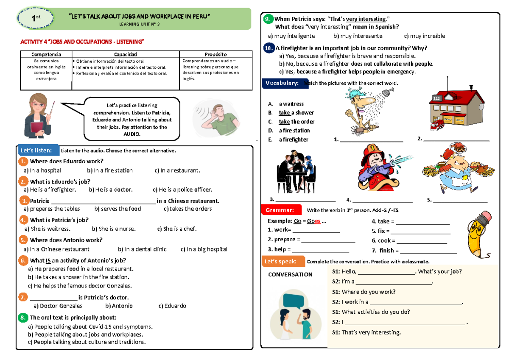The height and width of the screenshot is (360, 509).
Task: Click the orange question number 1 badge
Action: point(23,161)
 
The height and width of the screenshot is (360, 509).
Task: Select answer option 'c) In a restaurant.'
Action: point(177,170)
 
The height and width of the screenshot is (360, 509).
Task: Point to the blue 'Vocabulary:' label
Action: point(282,83)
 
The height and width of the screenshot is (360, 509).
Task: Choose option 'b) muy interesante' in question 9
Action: point(358,36)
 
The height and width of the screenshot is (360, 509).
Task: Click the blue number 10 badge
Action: point(268,47)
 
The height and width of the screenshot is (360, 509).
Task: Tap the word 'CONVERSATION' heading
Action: point(290,274)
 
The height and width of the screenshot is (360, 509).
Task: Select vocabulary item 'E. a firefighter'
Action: point(288,140)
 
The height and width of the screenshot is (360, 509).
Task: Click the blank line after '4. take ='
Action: point(422,222)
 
